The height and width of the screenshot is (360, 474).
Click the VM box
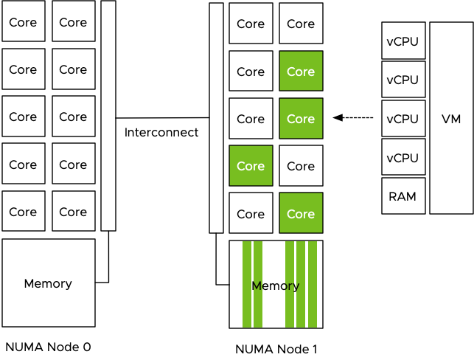coord(451,118)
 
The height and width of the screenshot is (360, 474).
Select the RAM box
coord(403,196)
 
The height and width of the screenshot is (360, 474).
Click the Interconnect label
coord(161,133)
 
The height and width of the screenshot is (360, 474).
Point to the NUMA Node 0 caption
coord(48,346)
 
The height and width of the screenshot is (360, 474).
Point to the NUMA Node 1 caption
coord(276,349)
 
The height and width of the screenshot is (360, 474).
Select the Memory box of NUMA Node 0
coord(49,283)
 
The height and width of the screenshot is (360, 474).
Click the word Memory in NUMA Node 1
coord(276,286)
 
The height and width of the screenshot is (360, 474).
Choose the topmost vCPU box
coord(403,41)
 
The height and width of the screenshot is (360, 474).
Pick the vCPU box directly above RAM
coord(403,157)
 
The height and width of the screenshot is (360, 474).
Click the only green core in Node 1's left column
coord(251,166)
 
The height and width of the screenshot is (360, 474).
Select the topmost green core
coord(301,72)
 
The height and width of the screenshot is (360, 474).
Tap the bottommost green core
coord(301,214)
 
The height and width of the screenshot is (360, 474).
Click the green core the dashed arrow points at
coord(301,119)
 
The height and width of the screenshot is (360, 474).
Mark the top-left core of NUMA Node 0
coord(23,22)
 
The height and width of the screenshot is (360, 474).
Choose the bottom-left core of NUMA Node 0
coord(23,212)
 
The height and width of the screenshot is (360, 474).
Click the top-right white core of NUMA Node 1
coord(301,24)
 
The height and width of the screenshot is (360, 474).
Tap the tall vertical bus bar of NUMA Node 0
coord(108,116)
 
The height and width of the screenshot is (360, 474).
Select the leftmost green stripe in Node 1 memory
coord(247,284)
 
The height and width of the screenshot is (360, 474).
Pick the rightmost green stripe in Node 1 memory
coord(313,284)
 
